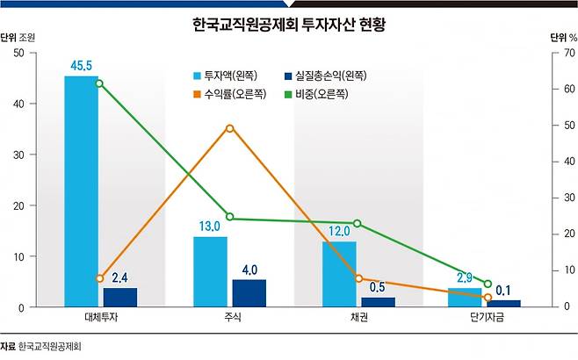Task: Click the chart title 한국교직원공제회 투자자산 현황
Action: tap(289, 25)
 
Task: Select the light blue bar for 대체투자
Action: tap(82, 191)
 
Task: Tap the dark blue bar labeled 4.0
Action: tap(249, 293)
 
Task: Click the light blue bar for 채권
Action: tap(339, 274)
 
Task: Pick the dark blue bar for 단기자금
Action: tap(504, 304)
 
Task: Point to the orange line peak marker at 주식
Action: tap(229, 128)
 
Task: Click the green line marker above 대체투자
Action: tap(99, 83)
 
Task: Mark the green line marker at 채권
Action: tap(357, 224)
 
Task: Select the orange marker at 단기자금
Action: tap(488, 298)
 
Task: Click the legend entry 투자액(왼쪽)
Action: tap(226, 76)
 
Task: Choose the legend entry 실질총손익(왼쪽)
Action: tap(326, 76)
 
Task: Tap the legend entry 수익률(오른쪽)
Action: tap(230, 94)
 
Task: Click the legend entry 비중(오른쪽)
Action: tap(316, 94)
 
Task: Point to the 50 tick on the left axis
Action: tap(18, 53)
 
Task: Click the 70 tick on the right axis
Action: tap(569, 53)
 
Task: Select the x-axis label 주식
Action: tap(233, 317)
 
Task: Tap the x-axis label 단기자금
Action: tap(487, 317)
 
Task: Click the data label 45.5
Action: tap(81, 66)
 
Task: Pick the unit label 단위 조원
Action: tap(18, 38)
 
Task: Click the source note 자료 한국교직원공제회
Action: tap(40, 346)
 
